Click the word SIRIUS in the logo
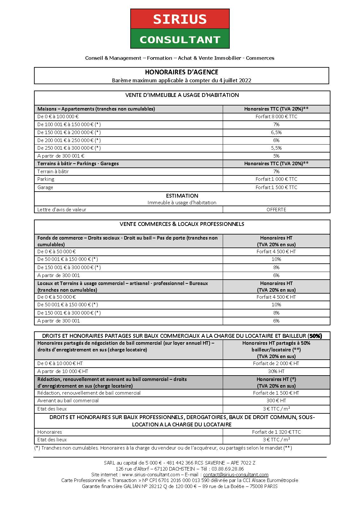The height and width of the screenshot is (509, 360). pyautogui.click(x=180, y=19)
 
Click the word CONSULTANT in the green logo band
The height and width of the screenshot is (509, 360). pyautogui.click(x=180, y=40)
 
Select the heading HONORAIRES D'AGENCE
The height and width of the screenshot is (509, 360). pyautogui.click(x=181, y=72)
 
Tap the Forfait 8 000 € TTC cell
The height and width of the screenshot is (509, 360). pyautogui.click(x=276, y=117)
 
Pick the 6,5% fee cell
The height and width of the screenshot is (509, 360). pyautogui.click(x=276, y=132)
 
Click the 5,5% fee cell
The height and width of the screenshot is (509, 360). pyautogui.click(x=276, y=148)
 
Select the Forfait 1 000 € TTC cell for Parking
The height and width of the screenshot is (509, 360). pyautogui.click(x=276, y=179)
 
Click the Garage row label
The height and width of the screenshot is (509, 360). pyautogui.click(x=45, y=187)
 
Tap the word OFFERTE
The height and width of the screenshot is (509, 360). pyautogui.click(x=276, y=210)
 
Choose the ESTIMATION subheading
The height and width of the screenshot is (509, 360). pyautogui.click(x=182, y=196)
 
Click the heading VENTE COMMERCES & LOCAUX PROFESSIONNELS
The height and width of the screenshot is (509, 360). pyautogui.click(x=182, y=224)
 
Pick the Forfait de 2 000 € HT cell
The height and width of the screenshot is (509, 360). pyautogui.click(x=276, y=363)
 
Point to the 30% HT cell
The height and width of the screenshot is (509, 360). pyautogui.click(x=276, y=371)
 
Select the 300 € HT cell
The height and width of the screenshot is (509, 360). pyautogui.click(x=276, y=401)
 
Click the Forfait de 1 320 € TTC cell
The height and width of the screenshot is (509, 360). pyautogui.click(x=276, y=432)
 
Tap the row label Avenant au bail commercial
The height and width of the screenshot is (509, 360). pyautogui.click(x=68, y=401)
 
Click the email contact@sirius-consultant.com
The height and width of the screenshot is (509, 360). pyautogui.click(x=236, y=475)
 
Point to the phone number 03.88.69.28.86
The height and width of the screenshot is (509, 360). pyautogui.click(x=228, y=469)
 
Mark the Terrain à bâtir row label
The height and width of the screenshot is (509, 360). pyautogui.click(x=53, y=172)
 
